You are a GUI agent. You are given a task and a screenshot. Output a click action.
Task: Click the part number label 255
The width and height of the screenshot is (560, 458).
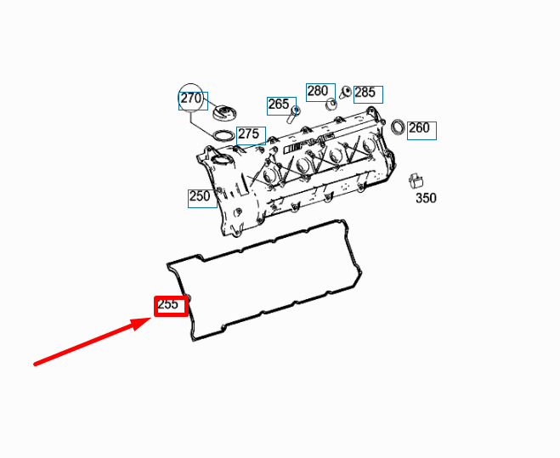pyautogui.click(x=167, y=304)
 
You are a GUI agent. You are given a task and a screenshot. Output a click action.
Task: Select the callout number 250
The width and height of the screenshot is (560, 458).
pyautogui.click(x=200, y=196)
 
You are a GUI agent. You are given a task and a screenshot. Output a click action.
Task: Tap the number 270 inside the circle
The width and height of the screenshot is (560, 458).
pyautogui.click(x=191, y=98)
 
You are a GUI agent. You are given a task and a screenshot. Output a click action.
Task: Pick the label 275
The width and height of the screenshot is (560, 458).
pyautogui.click(x=249, y=134)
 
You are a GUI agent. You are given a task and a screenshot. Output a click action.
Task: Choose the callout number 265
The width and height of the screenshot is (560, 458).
pyautogui.click(x=278, y=104)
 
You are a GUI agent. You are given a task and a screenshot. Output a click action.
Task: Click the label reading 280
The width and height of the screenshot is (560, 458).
pyautogui.click(x=318, y=91)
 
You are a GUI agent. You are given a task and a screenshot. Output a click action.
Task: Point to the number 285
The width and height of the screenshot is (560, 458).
pyautogui.click(x=365, y=92)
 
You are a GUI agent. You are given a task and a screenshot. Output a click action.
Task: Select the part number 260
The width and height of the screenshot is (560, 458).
pyautogui.click(x=419, y=127)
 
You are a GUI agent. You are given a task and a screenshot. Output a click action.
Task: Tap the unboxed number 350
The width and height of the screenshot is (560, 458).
pyautogui.click(x=426, y=198)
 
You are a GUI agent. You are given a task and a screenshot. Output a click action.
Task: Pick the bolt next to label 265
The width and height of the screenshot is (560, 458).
pyautogui.click(x=293, y=114)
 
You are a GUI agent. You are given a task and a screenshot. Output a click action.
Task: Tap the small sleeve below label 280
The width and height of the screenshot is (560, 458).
pyautogui.click(x=331, y=105)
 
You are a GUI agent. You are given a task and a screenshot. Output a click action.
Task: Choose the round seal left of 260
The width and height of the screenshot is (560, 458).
pyautogui.click(x=399, y=127)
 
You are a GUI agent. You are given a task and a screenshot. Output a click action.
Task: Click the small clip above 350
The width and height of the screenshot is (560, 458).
pyautogui.click(x=416, y=180)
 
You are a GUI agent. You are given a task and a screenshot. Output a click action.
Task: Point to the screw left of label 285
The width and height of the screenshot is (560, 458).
pyautogui.click(x=345, y=92)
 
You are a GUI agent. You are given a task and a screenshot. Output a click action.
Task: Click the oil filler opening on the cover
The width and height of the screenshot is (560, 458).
pyautogui.click(x=221, y=161)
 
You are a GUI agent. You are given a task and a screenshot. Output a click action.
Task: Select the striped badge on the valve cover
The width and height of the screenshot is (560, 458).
pyautogui.click(x=293, y=148)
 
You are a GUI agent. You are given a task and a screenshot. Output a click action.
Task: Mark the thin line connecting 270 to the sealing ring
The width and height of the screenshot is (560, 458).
pyautogui.click(x=201, y=123)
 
